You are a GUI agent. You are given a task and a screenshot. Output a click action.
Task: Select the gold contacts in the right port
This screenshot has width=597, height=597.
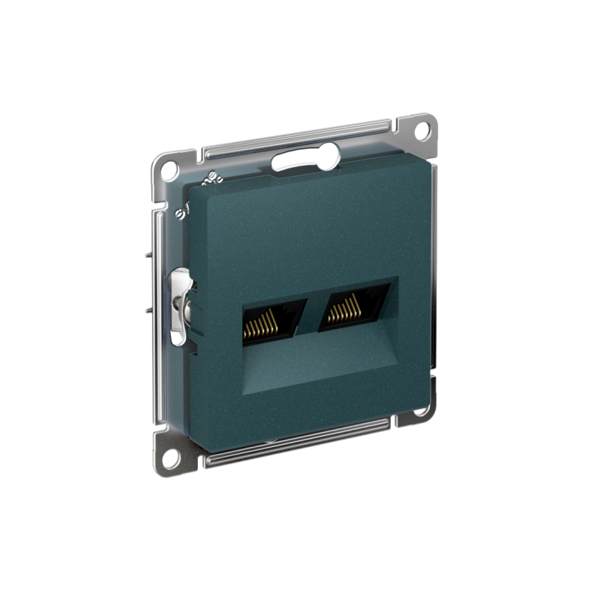pos(347,307)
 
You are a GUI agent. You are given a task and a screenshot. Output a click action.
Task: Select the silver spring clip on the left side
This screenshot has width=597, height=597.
pos(180,306)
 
